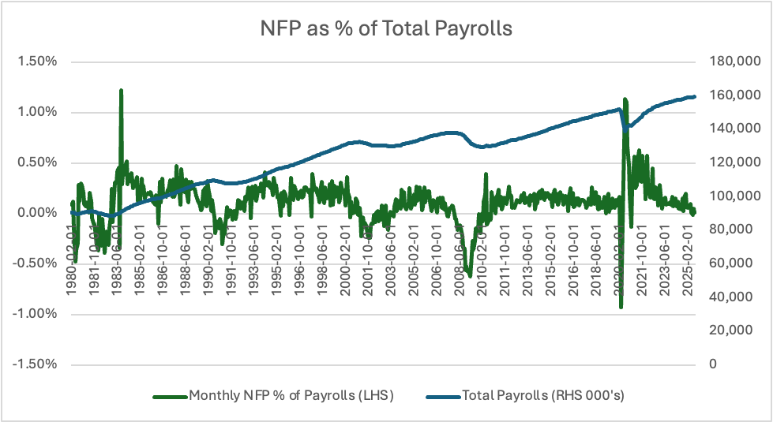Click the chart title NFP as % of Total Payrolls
(387, 29)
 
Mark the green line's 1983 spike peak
(121, 90)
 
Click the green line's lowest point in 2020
(621, 307)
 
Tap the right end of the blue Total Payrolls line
(695, 97)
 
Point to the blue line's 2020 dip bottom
(626, 128)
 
